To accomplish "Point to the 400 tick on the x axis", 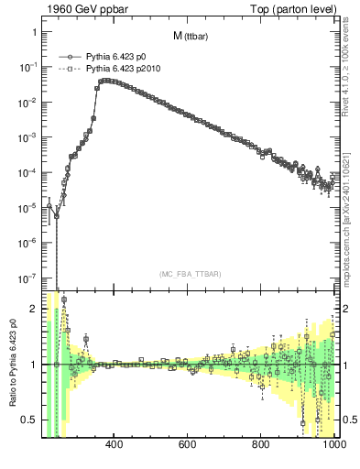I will tap(115, 446).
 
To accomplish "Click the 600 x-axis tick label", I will tap(187, 446).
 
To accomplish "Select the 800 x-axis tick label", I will tap(260, 446).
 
